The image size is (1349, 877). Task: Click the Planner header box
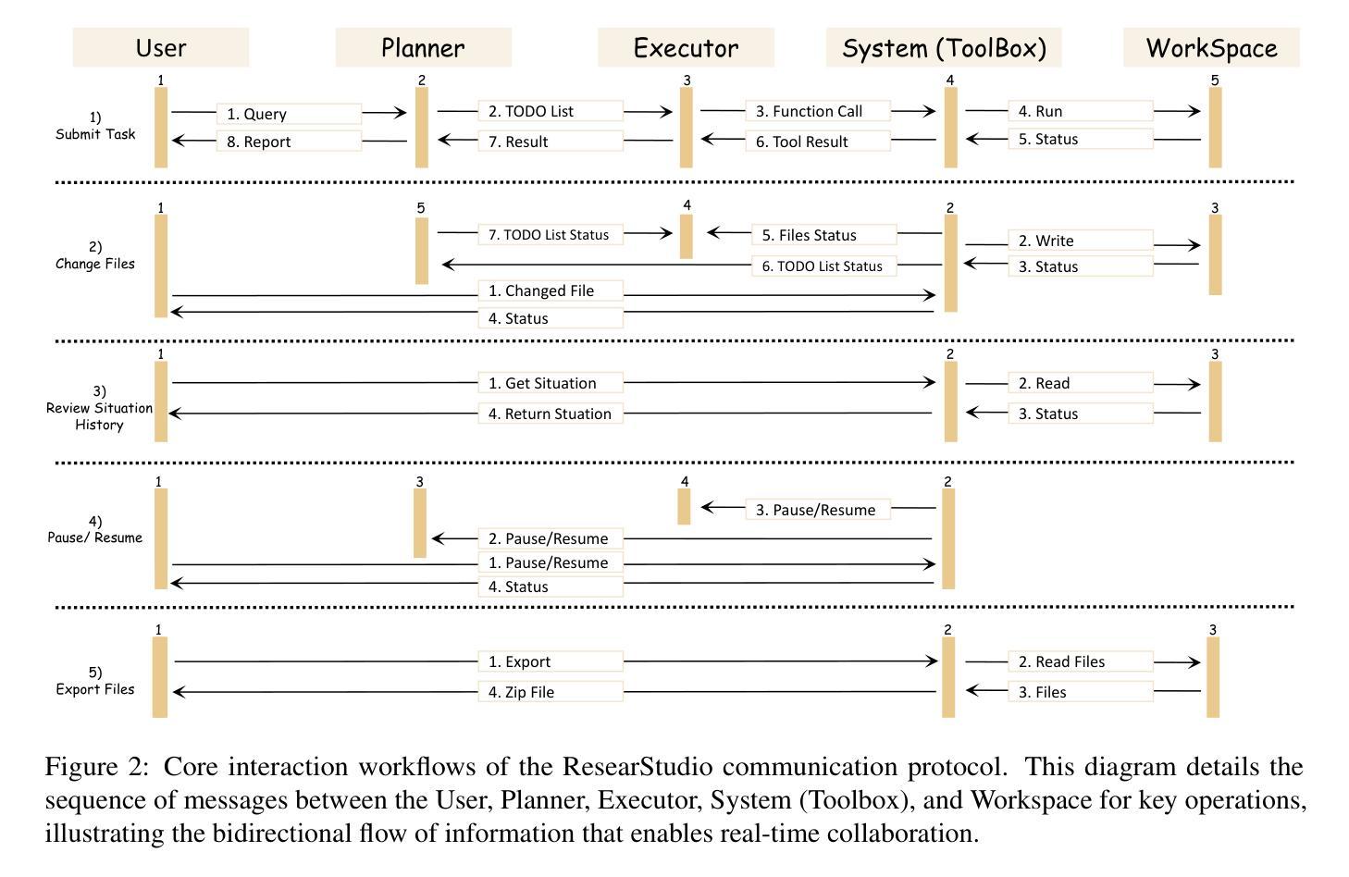coord(423,48)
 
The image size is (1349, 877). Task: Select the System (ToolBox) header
coord(944,48)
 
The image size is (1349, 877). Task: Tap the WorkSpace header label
coord(1211,48)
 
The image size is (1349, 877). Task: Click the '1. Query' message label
coord(289,114)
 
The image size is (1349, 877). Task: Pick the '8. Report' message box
coord(289,142)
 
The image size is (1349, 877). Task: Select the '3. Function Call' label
coord(818,111)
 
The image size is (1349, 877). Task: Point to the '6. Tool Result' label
coord(818,142)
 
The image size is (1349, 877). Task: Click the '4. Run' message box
coord(1080,111)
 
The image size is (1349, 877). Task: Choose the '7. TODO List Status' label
coord(551,235)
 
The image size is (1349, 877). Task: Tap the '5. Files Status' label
coord(823,235)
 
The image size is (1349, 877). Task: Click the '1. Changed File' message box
coord(551,290)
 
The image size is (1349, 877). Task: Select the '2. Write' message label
coord(1080,241)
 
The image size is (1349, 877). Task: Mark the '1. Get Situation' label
coord(551,383)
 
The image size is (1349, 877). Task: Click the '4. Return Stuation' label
coord(551,414)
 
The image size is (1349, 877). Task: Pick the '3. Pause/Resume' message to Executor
coord(818,510)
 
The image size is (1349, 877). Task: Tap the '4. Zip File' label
coord(551,692)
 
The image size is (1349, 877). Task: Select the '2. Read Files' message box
coord(1080,661)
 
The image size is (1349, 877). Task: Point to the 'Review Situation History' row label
coord(99,408)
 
